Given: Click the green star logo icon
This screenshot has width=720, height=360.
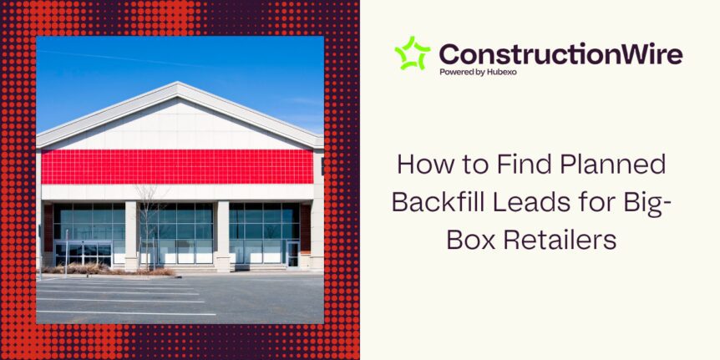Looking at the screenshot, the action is [x=413, y=53].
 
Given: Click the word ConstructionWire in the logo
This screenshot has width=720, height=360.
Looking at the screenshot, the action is [x=560, y=54].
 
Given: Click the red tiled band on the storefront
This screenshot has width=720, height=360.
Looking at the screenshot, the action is [x=177, y=167].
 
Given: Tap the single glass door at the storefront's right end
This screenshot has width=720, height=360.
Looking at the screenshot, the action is [x=292, y=254].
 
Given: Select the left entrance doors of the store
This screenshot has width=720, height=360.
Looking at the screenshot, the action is [x=83, y=255].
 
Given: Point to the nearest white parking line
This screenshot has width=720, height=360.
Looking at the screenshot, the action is [x=126, y=313].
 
